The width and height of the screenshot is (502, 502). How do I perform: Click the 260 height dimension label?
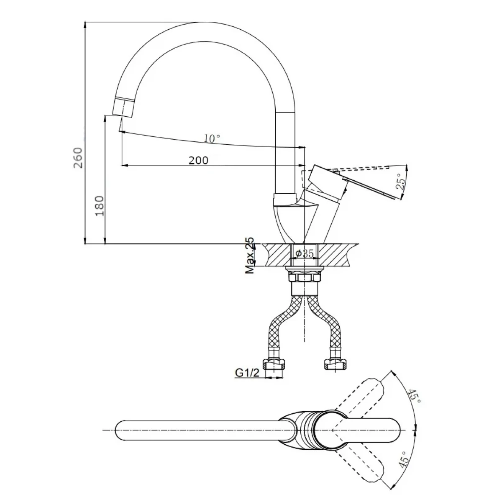[x=78, y=158]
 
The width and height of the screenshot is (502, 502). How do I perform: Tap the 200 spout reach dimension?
[x=199, y=160]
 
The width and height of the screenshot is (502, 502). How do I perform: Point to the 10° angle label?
[x=212, y=138]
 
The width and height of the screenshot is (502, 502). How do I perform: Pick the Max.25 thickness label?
[x=250, y=255]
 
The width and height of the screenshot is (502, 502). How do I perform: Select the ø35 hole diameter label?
[x=305, y=253]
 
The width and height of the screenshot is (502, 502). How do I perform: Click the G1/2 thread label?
[x=247, y=373]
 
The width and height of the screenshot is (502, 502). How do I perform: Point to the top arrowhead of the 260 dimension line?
[x=85, y=25]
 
